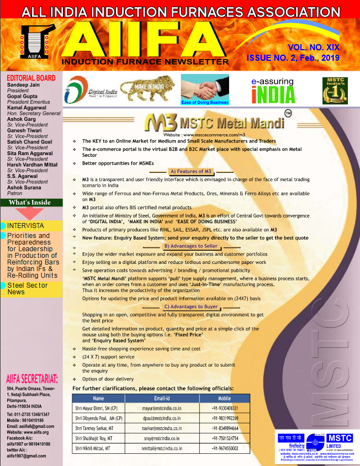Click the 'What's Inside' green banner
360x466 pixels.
[31, 203]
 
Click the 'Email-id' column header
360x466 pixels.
[161, 398]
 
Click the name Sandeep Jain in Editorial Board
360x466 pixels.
[22, 84]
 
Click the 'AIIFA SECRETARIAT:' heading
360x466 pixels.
[32, 379]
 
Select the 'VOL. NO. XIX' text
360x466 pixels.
[313, 48]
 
